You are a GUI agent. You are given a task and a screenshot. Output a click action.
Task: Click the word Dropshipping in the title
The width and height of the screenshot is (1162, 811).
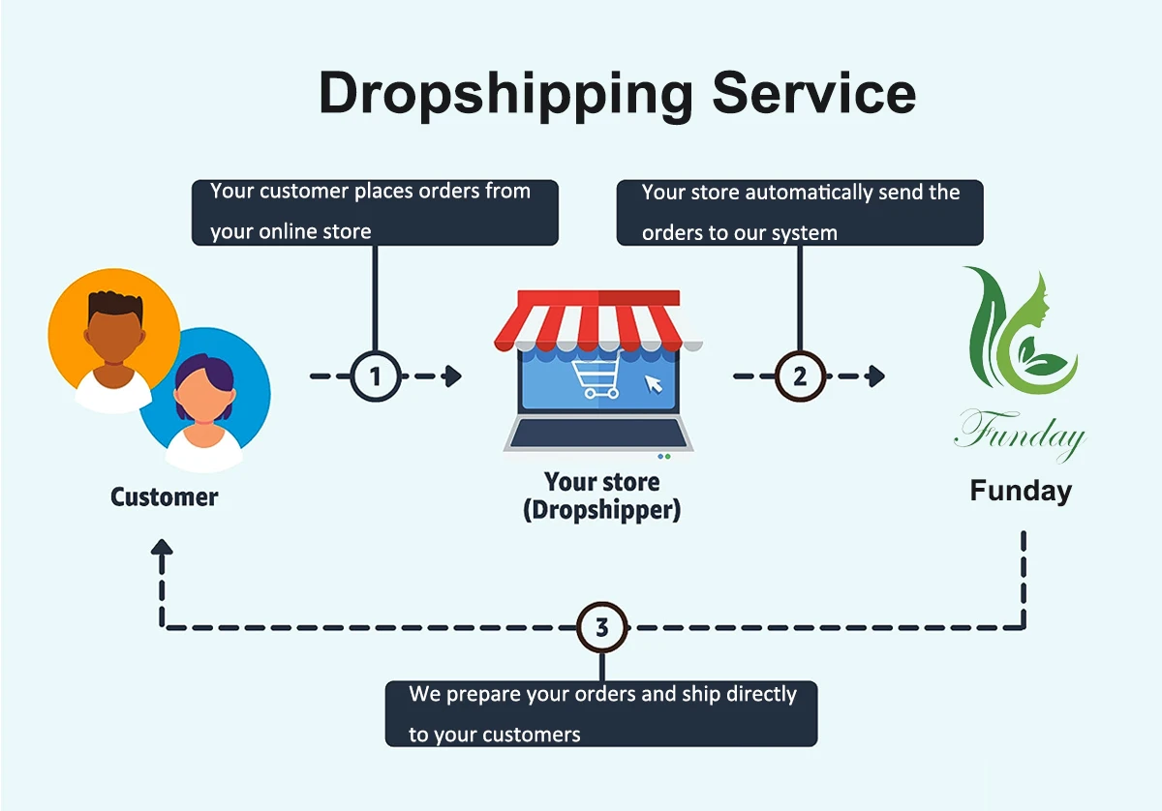click(x=506, y=94)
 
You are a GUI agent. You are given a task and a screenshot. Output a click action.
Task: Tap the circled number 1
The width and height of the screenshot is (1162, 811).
click(x=375, y=375)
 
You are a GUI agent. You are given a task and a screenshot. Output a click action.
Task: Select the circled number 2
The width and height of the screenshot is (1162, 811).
click(x=800, y=375)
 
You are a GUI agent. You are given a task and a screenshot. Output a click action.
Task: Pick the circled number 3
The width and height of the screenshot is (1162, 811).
click(x=601, y=627)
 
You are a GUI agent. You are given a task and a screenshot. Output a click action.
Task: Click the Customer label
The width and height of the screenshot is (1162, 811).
click(x=165, y=497)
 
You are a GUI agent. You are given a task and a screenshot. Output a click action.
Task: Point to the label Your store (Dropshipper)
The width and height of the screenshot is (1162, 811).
click(x=601, y=496)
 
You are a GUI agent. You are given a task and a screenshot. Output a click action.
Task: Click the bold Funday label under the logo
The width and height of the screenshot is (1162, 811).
click(x=1021, y=491)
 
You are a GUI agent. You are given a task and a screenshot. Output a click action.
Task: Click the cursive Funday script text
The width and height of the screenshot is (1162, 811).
click(x=1020, y=433)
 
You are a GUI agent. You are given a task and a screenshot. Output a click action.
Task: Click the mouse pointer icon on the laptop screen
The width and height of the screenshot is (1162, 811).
click(x=655, y=383)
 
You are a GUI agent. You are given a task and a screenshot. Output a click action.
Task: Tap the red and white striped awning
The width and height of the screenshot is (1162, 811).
click(x=597, y=319)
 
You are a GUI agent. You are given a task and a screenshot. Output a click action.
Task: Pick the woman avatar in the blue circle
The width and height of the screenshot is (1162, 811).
click(x=204, y=397)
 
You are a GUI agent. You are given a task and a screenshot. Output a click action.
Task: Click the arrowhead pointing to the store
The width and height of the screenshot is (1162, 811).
click(x=451, y=375)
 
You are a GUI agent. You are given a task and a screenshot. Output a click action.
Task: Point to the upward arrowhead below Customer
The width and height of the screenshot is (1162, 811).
click(x=163, y=549)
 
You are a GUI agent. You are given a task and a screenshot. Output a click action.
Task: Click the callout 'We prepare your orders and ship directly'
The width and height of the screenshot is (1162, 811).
click(x=601, y=713)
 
